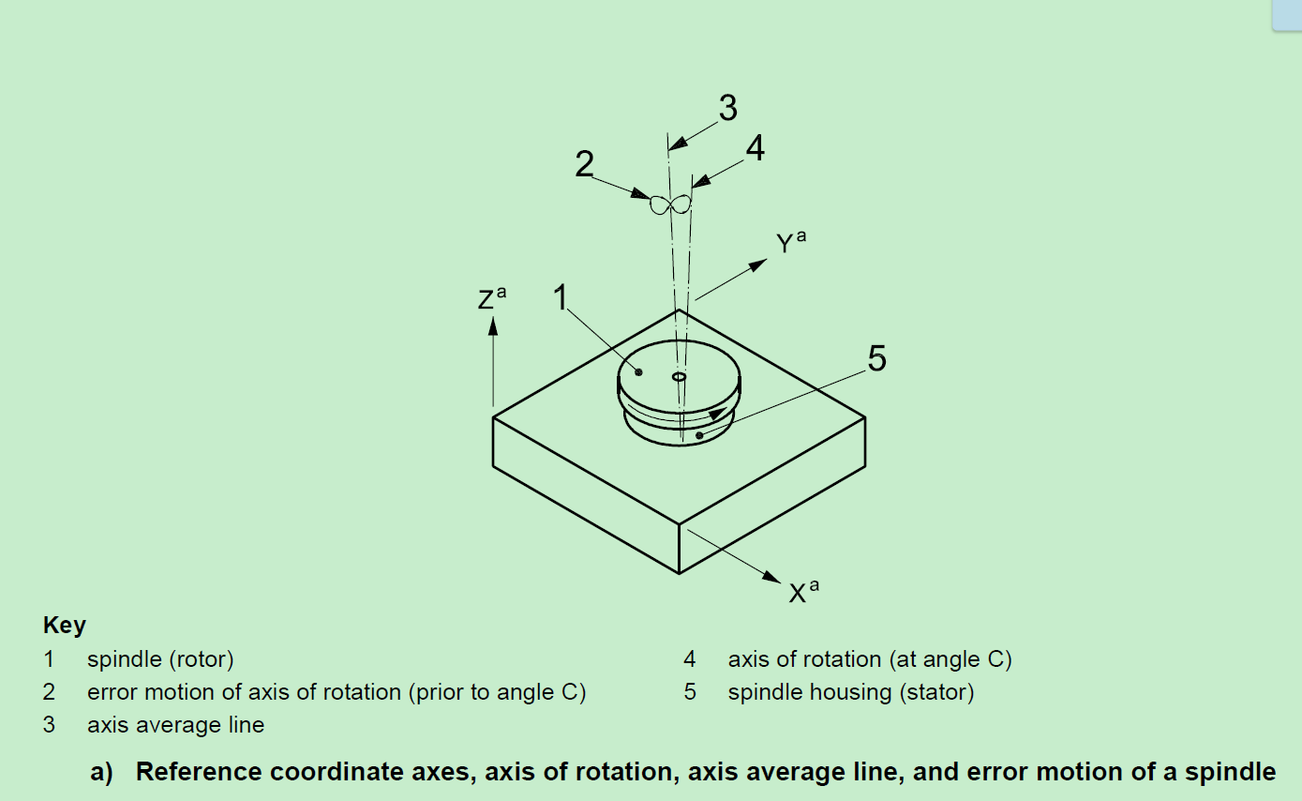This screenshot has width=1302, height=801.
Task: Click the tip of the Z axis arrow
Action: [x=493, y=317]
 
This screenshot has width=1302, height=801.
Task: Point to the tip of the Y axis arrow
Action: [x=768, y=260]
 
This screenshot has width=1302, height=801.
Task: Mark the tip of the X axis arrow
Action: [x=781, y=582]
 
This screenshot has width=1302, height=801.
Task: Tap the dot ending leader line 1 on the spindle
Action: [x=638, y=371]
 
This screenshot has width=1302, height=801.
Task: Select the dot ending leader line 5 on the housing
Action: [x=699, y=435]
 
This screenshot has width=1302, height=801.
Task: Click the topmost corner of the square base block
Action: [x=679, y=310]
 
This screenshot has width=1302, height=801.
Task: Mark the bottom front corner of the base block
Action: [x=679, y=574]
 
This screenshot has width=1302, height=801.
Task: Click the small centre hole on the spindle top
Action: [x=679, y=377]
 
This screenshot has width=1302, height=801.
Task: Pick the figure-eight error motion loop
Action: [x=670, y=204]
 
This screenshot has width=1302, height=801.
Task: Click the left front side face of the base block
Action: [x=586, y=495]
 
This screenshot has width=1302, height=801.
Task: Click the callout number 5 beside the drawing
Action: [x=877, y=358]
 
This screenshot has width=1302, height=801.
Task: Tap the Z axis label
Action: [x=492, y=297]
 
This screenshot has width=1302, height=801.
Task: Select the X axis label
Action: [x=804, y=591]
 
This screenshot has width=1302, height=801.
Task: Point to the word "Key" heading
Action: [x=65, y=626]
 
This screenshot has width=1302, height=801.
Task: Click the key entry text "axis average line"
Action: [x=175, y=725]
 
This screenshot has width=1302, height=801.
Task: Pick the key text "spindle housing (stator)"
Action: [x=851, y=692]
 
